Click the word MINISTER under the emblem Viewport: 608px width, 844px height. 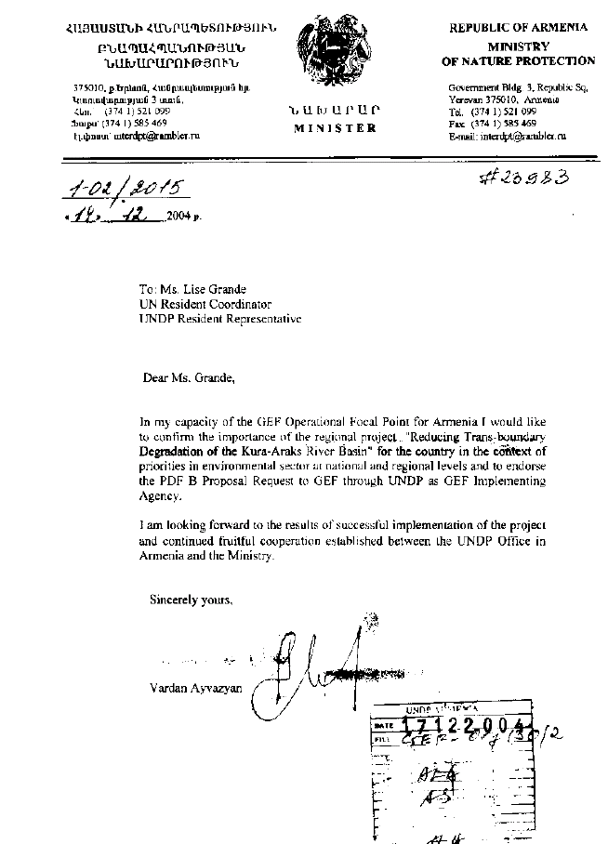pos(336,128)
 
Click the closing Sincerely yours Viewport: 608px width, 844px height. pos(192,600)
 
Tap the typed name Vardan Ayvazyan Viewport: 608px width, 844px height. pos(193,688)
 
